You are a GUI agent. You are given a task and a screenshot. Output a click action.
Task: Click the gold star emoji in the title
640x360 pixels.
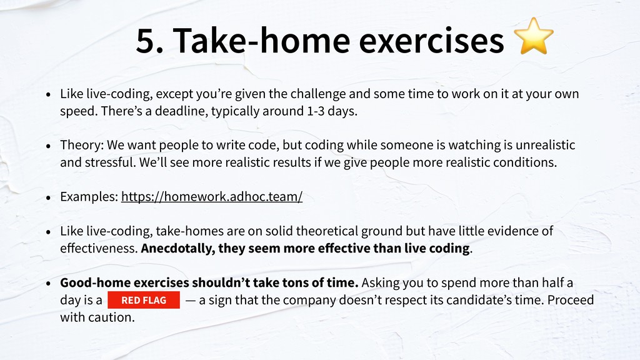pos(534,36)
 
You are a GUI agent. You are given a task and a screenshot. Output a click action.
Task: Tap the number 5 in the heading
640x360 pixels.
pos(146,41)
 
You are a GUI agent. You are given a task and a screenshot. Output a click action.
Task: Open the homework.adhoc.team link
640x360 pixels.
pos(212,197)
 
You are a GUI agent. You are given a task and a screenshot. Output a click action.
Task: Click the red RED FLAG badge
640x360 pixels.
pos(144,300)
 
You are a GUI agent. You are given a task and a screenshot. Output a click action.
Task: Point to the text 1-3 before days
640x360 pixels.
pos(316,111)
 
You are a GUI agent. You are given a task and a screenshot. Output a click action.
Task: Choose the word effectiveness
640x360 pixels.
pos(99,248)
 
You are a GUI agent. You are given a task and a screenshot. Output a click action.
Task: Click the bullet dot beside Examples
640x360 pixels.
pos(49,197)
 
